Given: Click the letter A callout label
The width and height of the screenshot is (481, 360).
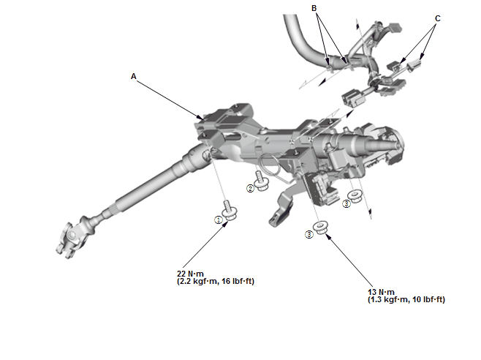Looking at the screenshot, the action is click(x=134, y=76).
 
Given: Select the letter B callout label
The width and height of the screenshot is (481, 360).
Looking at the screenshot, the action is click(x=314, y=8).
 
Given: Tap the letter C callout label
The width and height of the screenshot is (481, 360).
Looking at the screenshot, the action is click(x=438, y=18).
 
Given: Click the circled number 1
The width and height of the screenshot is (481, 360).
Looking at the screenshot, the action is click(x=219, y=220).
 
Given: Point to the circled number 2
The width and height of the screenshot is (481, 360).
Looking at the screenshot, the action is click(x=250, y=189).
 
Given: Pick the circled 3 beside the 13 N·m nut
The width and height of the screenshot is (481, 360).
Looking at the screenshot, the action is click(x=309, y=234).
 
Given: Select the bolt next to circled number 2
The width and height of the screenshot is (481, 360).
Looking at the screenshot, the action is click(x=261, y=181).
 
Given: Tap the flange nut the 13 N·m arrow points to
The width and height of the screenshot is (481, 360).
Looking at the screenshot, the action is click(x=321, y=228).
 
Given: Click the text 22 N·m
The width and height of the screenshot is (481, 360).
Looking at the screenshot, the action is click(x=190, y=274).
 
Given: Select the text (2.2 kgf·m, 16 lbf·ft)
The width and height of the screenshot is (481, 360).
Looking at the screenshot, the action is click(x=216, y=282).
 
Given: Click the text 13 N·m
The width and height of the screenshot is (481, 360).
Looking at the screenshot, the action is click(x=381, y=292).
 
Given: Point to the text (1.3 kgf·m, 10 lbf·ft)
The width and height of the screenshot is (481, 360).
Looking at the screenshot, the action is click(x=406, y=300).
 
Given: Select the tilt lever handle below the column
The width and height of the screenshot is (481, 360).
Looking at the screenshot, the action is click(x=281, y=209).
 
